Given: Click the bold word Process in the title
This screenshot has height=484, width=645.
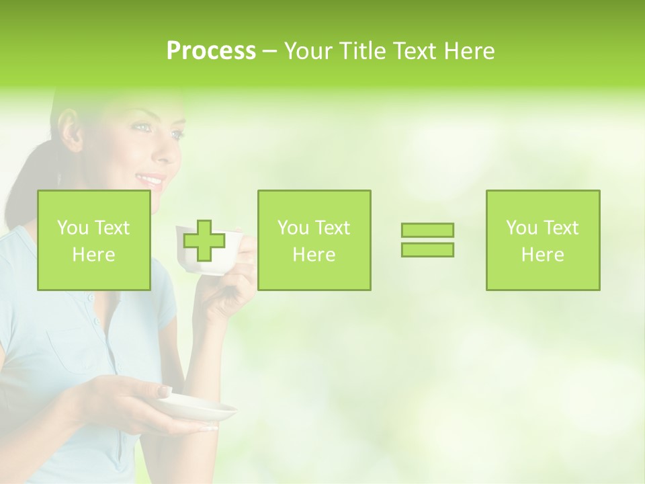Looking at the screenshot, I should tap(211, 51).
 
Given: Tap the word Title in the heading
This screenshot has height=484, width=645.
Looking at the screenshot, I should tap(363, 51).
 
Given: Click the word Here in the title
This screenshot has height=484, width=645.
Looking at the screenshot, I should tap(468, 51).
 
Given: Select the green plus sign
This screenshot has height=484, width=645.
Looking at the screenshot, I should tap(204, 241).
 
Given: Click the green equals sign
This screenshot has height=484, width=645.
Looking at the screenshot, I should tap(427, 240).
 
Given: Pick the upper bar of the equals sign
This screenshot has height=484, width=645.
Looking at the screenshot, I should tap(427, 231).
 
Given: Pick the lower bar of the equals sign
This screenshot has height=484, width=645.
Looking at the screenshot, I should tap(427, 249).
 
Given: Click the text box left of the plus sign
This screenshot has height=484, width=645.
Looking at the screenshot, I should tap(94, 240).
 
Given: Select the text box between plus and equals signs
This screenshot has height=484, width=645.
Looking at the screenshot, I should tap(314, 240).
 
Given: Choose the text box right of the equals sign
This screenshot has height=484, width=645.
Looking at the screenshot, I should tap(543, 240).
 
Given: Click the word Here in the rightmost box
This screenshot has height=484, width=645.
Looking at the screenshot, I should tap(543, 255).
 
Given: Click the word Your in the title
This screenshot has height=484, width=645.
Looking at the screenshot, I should tap(310, 51).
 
